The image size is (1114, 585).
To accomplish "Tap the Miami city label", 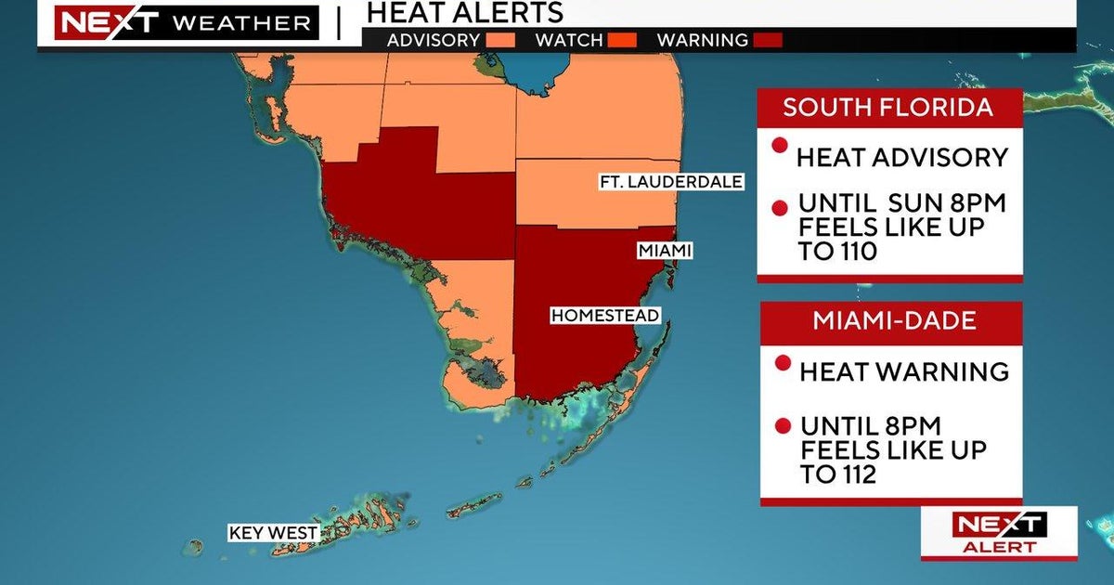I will point(665,251).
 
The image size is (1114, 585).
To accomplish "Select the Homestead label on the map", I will point(604,316).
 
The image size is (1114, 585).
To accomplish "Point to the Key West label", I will point(274,533).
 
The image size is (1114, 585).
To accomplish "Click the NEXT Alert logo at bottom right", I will point(999,533).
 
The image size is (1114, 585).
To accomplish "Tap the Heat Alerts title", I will point(464,12).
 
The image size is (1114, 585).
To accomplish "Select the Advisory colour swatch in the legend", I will point(506,40).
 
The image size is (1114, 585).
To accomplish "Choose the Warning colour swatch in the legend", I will point(768,40).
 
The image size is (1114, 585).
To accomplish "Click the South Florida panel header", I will point(888,106).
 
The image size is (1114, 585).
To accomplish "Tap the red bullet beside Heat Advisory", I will point(781,146).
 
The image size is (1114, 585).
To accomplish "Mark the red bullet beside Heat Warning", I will point(783,363).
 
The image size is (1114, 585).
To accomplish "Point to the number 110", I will point(850,251).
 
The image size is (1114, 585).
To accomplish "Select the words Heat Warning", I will point(904,371).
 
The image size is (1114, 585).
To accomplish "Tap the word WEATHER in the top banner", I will point(243,23).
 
